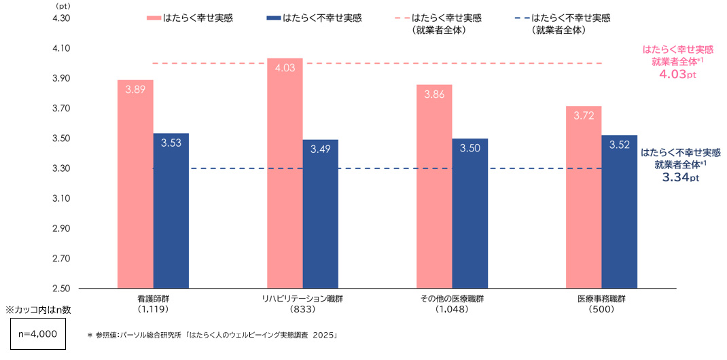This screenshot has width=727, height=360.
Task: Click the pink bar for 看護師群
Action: point(135,184)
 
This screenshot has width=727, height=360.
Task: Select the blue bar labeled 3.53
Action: point(171,211)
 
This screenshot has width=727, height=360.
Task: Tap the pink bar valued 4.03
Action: point(285,173)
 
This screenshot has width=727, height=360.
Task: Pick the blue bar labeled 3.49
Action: point(320,214)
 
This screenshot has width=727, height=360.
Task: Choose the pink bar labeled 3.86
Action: point(433,186)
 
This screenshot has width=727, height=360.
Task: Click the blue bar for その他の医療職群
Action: point(469,213)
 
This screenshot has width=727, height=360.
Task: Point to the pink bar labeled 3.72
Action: point(583,197)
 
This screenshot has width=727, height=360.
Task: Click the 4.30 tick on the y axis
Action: point(61,18)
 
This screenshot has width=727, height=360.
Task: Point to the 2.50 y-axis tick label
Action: point(61,289)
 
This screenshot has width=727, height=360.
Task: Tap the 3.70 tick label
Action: point(61,109)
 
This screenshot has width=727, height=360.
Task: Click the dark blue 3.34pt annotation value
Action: point(679,177)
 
